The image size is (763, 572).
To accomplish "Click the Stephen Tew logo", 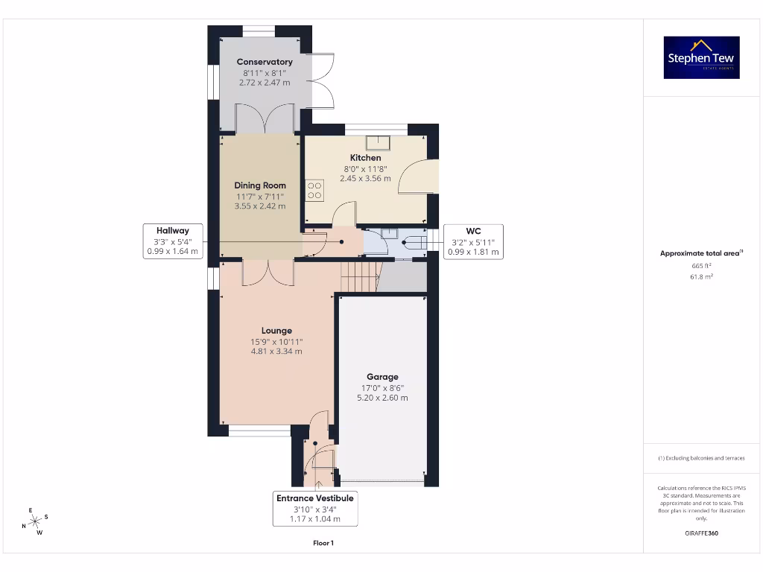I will point(701,57).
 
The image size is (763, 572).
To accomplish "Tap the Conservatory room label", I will point(265,62).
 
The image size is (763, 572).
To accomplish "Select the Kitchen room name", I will point(365,158).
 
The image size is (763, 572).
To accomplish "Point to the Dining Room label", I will point(260,185).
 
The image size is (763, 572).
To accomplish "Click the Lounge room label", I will point(276,331).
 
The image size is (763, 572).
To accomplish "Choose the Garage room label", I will point(382,377).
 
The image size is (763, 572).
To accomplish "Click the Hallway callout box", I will point(173,241).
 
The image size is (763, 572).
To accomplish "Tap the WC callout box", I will point(473,241).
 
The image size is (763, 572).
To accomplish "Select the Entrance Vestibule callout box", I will point(314,508).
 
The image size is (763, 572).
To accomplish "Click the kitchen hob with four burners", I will point(314,191).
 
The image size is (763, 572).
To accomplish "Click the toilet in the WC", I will point(411,242).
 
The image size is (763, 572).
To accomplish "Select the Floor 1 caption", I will point(323,544).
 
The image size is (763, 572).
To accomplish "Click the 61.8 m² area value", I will point(700,276).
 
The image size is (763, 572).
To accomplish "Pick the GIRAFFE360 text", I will point(700,533).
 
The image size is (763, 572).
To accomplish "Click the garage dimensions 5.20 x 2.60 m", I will point(382,398).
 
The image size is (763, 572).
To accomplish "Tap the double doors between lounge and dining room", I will point(268,273).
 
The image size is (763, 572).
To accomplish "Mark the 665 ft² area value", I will point(700,265).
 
